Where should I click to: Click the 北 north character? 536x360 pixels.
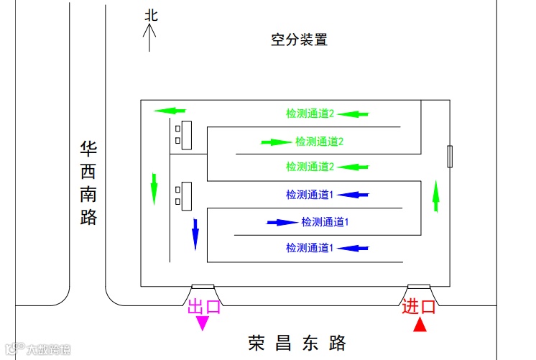pyautogui.click(x=150, y=15)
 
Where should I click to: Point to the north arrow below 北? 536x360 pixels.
pyautogui.click(x=149, y=37)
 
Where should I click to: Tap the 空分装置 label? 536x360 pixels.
pyautogui.click(x=299, y=40)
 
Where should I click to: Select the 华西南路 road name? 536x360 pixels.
pyautogui.click(x=88, y=183)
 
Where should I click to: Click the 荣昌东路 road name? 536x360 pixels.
pyautogui.click(x=297, y=342)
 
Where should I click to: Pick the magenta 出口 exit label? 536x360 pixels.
pyautogui.click(x=204, y=307)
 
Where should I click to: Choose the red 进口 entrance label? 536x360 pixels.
pyautogui.click(x=419, y=307)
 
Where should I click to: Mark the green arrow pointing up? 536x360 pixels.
pyautogui.click(x=435, y=196)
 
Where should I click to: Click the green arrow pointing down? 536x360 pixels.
pyautogui.click(x=154, y=188)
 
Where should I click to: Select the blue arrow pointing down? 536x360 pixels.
pyautogui.click(x=195, y=234)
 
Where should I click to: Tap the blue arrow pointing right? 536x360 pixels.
pyautogui.click(x=282, y=222)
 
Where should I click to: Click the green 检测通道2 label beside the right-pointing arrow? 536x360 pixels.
pyautogui.click(x=320, y=142)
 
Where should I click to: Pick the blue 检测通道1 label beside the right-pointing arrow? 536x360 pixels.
pyautogui.click(x=325, y=222)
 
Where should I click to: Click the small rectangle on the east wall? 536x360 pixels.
pyautogui.click(x=450, y=157)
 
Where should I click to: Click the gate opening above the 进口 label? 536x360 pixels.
pyautogui.click(x=419, y=287)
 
